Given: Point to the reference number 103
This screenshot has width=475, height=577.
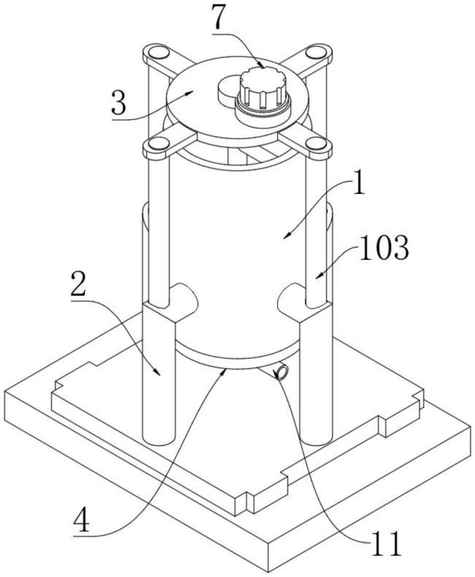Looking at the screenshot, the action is click(x=384, y=248).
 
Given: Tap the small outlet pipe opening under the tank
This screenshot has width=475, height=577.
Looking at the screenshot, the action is click(x=282, y=372).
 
